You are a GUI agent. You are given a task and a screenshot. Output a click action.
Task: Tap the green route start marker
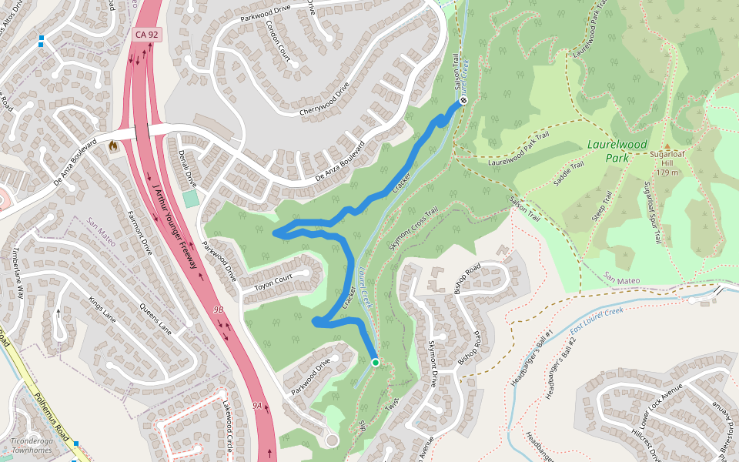[375, 362]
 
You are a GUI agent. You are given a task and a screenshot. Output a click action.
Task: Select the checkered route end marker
[463, 101]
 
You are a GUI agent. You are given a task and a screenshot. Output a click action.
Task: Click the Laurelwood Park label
[617, 151]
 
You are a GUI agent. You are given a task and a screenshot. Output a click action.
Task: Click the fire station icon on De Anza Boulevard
[114, 145]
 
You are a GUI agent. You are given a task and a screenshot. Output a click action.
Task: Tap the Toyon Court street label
[273, 282]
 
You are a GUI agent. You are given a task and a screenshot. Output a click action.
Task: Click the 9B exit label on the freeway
[218, 310]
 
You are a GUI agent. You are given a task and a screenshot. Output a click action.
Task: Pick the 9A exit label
[257, 404]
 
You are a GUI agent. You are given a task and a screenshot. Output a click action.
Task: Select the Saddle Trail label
[569, 175]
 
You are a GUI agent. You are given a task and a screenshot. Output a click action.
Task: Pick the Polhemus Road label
[51, 417]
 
